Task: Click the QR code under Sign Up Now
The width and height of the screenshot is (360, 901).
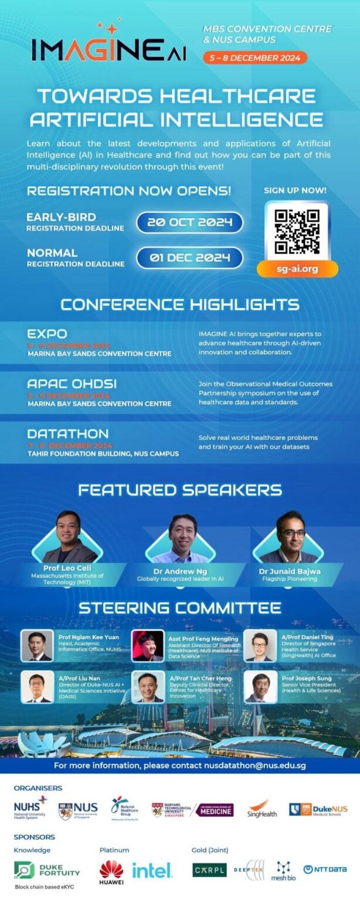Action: tap(297, 231)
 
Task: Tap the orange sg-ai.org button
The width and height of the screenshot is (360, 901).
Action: tap(297, 269)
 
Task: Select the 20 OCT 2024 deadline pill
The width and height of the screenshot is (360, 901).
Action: tap(189, 222)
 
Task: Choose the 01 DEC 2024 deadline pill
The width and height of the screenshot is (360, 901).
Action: tap(189, 258)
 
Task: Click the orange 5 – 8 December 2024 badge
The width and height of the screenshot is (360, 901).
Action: tap(255, 57)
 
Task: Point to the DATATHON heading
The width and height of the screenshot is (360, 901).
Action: tap(68, 434)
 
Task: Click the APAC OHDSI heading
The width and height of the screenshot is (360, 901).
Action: tap(72, 384)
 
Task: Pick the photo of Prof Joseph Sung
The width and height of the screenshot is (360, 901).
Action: tap(260, 687)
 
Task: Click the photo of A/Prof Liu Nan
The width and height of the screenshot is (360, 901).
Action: tap(37, 687)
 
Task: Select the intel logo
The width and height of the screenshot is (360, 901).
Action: tap(152, 870)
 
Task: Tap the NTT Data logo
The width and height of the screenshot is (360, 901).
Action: tap(325, 869)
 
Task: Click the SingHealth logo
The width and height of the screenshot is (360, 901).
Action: tap(262, 810)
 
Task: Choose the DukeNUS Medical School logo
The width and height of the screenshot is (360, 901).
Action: tap(318, 810)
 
